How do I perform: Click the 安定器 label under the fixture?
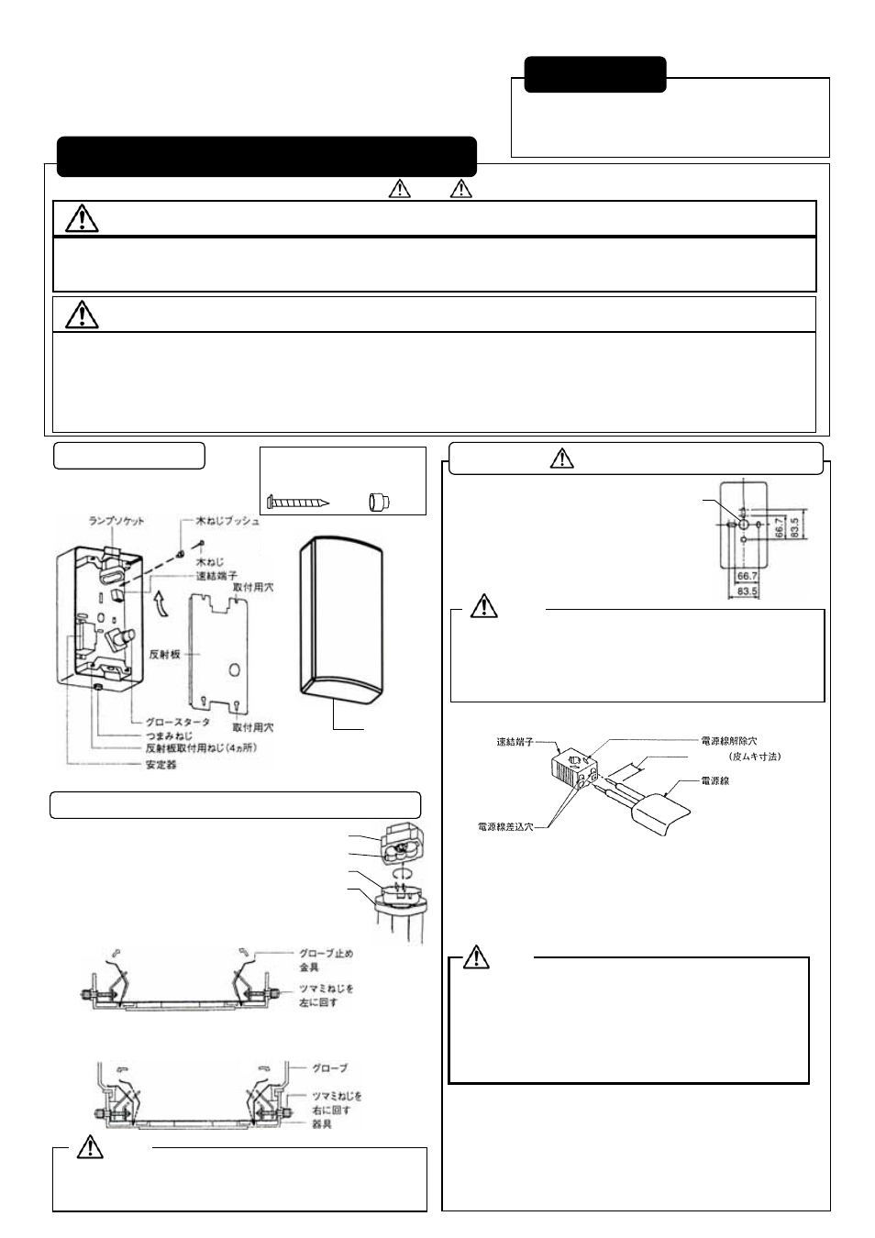(161, 764)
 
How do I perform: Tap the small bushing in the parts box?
(378, 502)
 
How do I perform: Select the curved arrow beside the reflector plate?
(163, 603)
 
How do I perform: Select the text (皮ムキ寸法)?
(755, 757)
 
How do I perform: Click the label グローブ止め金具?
(326, 960)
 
